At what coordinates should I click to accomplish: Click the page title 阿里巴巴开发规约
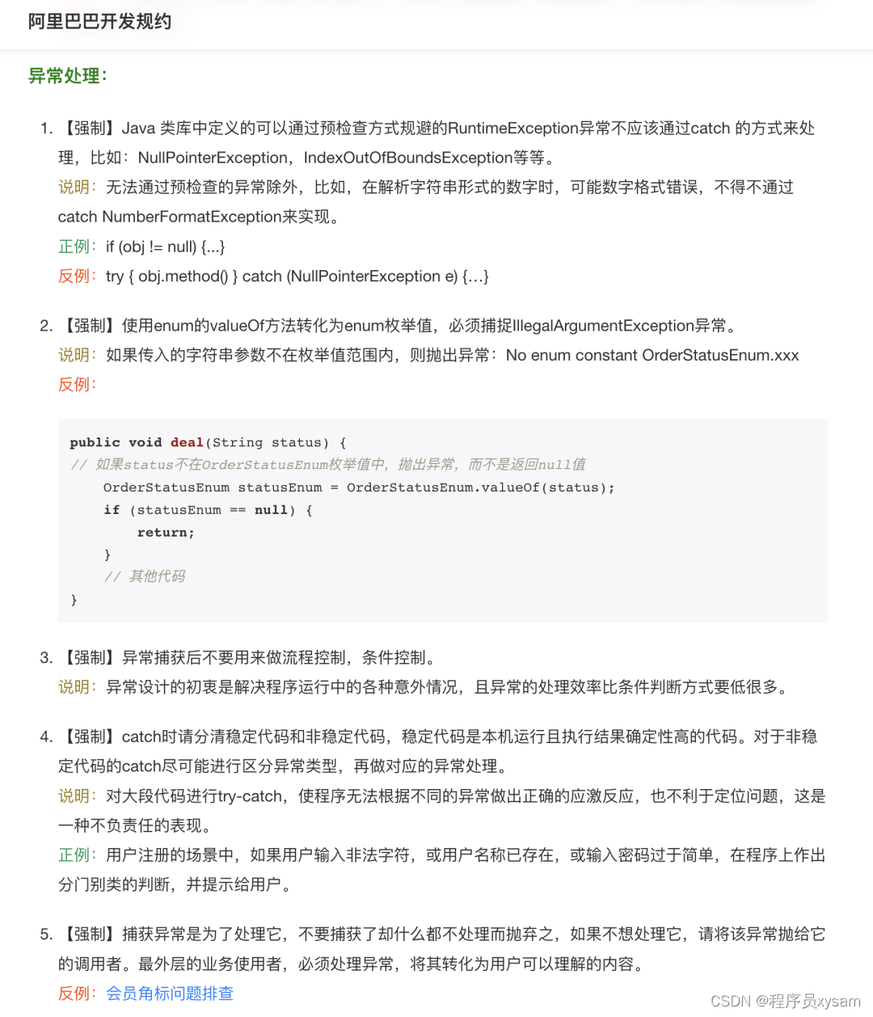[x=99, y=22]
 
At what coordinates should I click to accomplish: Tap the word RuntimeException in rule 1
[x=513, y=129]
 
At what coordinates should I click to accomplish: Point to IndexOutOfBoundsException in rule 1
[x=408, y=158]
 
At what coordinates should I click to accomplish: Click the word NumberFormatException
[x=192, y=217]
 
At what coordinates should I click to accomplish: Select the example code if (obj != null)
[x=165, y=247]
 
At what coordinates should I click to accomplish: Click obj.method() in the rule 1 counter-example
[x=183, y=276]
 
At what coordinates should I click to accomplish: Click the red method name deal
[x=187, y=442]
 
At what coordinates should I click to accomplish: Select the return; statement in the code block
[x=166, y=533]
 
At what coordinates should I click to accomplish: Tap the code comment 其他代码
[x=157, y=576]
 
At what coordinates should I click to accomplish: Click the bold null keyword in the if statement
[x=271, y=510]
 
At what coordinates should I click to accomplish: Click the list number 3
[x=45, y=658]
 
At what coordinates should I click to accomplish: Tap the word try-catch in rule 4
[x=250, y=796]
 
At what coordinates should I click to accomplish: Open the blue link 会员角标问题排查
[x=170, y=994]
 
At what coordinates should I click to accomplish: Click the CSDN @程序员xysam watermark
[x=785, y=1002]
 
